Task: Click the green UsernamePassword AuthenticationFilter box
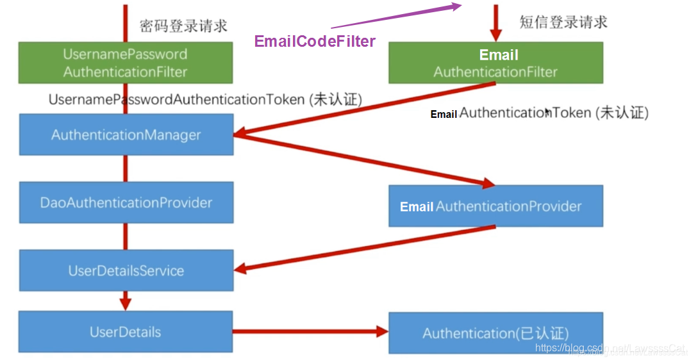[x=125, y=63]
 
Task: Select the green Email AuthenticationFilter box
[x=495, y=63]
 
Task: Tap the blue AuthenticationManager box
[x=126, y=135]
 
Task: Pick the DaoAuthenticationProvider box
[x=126, y=202]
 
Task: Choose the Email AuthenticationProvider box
[x=495, y=206]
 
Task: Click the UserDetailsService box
[x=126, y=270]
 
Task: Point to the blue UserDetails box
[x=125, y=332]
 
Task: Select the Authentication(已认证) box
[x=495, y=333]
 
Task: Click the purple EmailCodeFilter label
[x=315, y=42]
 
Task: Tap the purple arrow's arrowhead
[x=455, y=6]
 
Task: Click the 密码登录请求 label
[x=184, y=26]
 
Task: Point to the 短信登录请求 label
[x=563, y=22]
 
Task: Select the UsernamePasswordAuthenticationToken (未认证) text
[x=205, y=100]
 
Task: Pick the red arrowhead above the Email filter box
[x=495, y=33]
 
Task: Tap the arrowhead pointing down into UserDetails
[x=125, y=302]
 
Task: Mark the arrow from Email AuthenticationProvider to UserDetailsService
[x=365, y=248]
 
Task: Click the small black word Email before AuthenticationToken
[x=444, y=115]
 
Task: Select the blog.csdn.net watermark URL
[x=610, y=348]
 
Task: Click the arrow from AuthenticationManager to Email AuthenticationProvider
[x=365, y=160]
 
